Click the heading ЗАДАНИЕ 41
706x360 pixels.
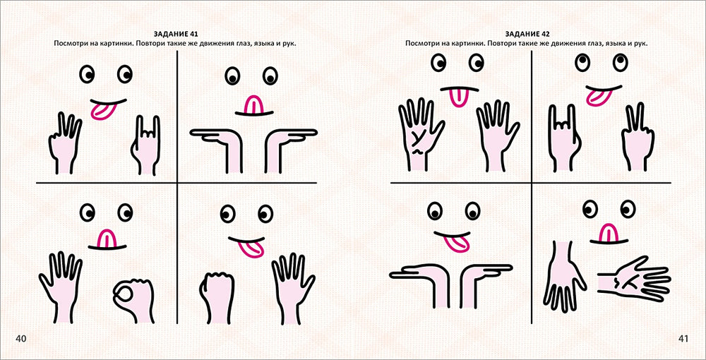(x=176, y=34)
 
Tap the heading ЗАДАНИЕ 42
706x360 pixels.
(x=527, y=34)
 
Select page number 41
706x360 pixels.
(x=683, y=339)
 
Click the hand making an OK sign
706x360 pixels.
(x=133, y=300)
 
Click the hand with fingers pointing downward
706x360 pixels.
(x=563, y=275)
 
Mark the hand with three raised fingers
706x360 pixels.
(x=65, y=143)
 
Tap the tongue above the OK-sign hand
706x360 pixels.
(x=107, y=239)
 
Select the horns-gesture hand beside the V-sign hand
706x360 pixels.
(x=563, y=138)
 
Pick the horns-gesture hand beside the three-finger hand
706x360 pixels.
(x=145, y=146)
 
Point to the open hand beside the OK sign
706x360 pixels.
(x=60, y=287)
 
